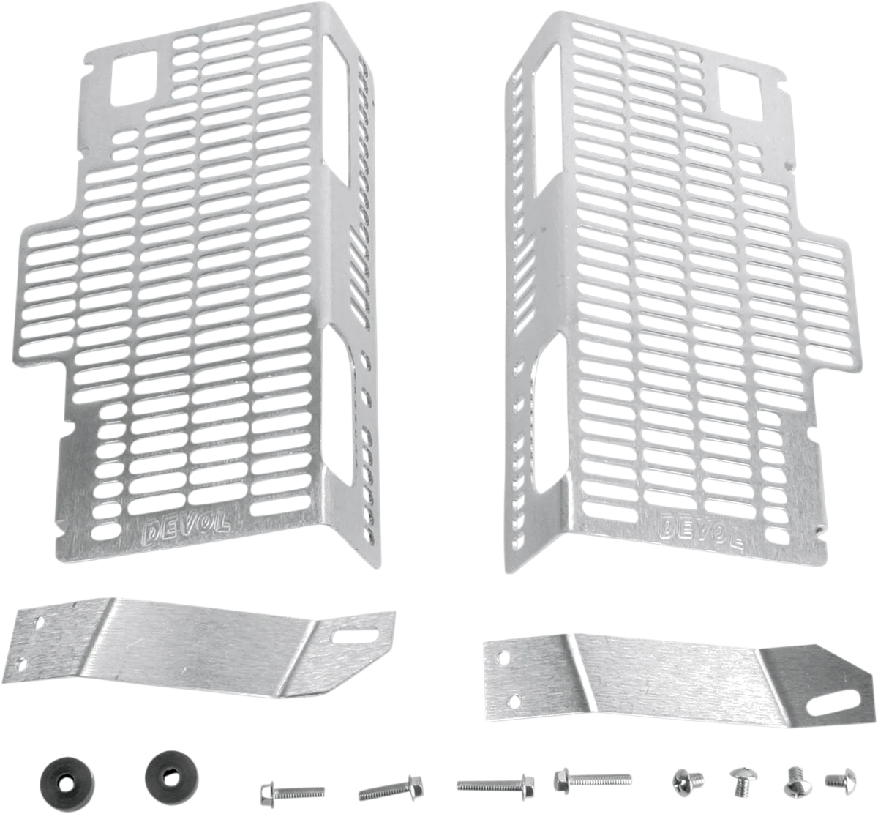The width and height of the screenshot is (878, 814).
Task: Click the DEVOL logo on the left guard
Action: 186,528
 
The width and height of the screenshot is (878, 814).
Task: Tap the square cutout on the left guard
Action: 134,78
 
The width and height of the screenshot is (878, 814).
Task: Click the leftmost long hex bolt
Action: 292,791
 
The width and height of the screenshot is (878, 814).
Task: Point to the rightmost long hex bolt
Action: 593,779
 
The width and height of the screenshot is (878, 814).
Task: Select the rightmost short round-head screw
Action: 841,780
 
